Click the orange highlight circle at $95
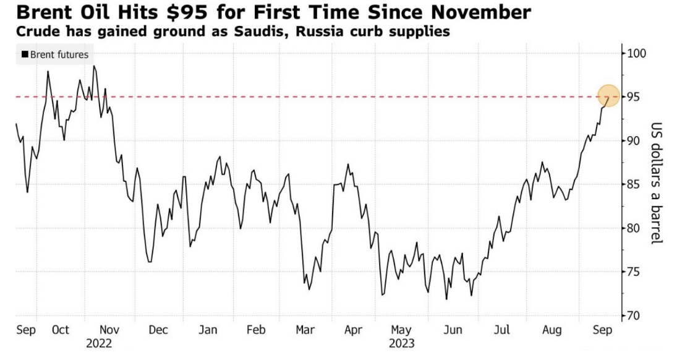tap(608, 96)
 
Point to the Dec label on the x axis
tap(158, 330)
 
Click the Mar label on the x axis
tap(305, 330)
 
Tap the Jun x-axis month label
tap(453, 330)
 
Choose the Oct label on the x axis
tap(60, 330)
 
